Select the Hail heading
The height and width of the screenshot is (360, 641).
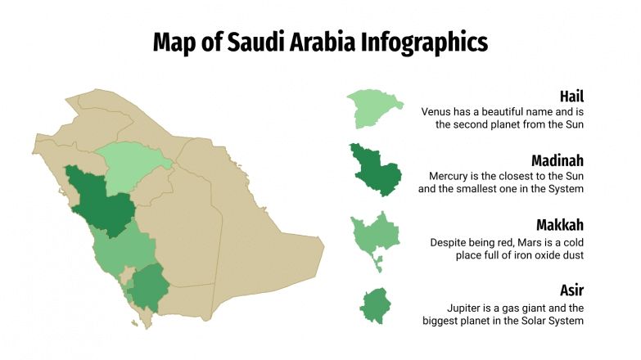571,96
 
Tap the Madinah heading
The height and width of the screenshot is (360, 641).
557,160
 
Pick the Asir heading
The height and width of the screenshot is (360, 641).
571,290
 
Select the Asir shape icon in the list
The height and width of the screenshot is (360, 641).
375,304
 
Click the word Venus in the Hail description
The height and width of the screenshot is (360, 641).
437,111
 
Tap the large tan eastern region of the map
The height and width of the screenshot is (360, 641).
262,237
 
